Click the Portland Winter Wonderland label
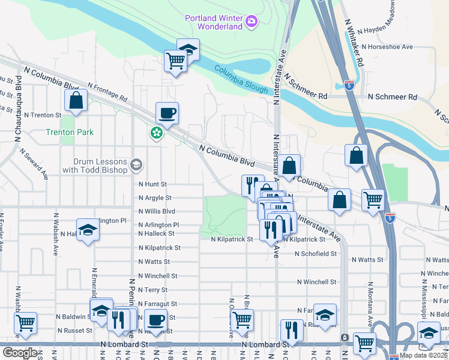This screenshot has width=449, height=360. coord(214,22)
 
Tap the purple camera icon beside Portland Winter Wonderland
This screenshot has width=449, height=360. coord(252,23)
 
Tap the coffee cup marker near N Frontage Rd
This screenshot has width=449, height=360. coord(167,112)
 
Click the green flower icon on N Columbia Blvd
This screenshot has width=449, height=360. coord(156,132)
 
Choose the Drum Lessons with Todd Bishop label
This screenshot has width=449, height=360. coord(100,166)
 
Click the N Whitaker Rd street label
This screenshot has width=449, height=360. coord(353,42)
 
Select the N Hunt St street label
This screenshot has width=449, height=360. coord(152,185)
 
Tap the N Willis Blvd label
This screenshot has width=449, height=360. coord(156,211)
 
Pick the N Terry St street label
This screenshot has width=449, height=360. coord(153,290)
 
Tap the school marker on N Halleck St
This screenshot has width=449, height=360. coord(88,232)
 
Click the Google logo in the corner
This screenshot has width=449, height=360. coord(20,352)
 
